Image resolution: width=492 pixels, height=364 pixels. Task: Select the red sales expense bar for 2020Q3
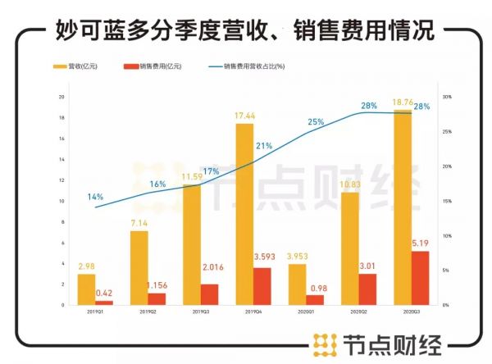pos(419,277)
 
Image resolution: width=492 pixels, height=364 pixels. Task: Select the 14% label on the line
pos(95,197)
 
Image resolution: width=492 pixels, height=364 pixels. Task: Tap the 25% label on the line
pos(316,122)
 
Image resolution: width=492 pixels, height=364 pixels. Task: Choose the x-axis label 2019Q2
pos(148,312)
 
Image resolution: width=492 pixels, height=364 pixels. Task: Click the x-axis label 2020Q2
pos(359,312)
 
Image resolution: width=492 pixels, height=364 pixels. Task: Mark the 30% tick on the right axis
pos(447,97)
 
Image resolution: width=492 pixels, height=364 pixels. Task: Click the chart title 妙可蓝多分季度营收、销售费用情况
pos(245,31)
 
